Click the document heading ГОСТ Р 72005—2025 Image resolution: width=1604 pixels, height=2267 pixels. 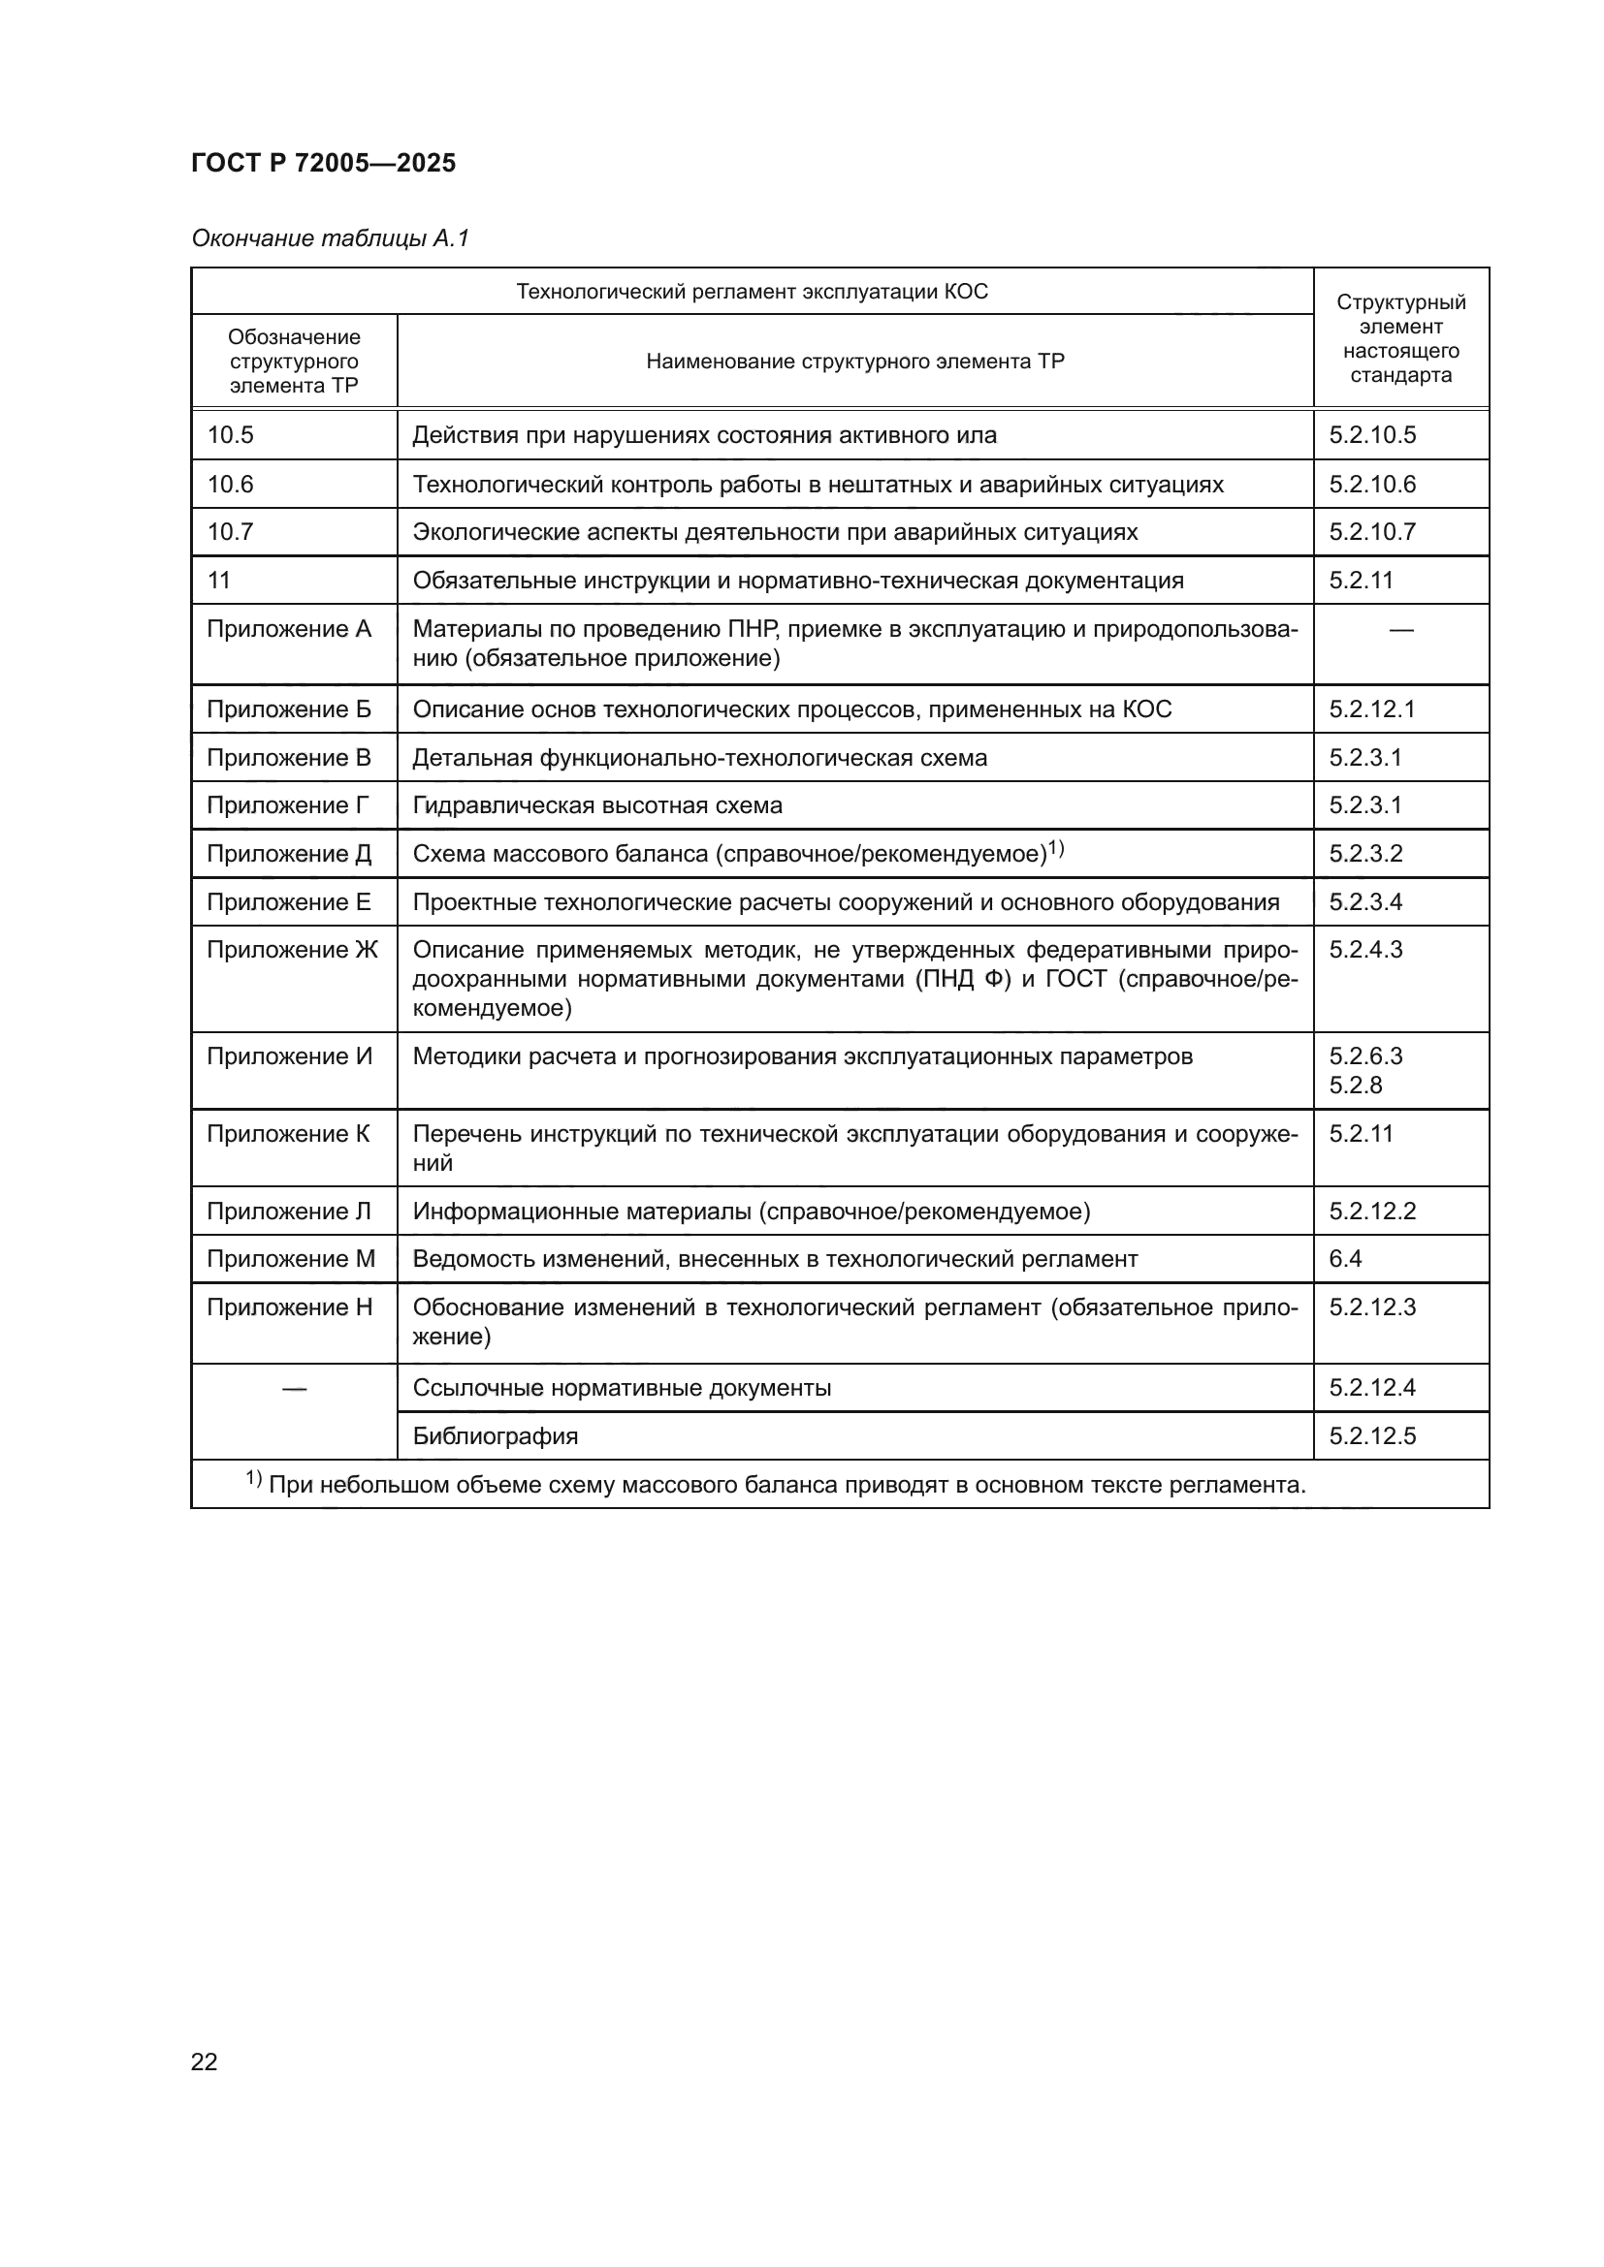tap(323, 163)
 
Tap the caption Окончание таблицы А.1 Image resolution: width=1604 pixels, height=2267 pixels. tap(330, 238)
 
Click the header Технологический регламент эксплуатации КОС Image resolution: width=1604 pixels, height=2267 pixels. tap(752, 292)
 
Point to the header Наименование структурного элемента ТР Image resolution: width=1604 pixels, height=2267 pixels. tap(854, 362)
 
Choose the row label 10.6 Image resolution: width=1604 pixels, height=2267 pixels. tap(230, 484)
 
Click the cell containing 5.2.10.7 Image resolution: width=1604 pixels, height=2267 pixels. tap(1372, 532)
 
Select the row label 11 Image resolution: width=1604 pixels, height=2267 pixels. tap(218, 581)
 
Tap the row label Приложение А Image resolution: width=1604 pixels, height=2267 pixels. tap(288, 629)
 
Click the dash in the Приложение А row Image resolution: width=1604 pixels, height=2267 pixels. tap(1400, 630)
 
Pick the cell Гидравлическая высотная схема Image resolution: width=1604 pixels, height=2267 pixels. tap(596, 805)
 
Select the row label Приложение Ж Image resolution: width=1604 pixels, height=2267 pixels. tap(291, 950)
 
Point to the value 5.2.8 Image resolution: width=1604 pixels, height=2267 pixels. tap(1355, 1086)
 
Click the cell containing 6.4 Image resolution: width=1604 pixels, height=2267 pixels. tap(1345, 1259)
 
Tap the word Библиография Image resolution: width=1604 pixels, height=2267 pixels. tap(495, 1435)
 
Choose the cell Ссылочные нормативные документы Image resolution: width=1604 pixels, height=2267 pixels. tap(622, 1388)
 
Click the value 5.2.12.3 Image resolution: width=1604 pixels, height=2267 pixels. tap(1372, 1307)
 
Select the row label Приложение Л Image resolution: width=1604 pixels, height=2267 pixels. tap(288, 1212)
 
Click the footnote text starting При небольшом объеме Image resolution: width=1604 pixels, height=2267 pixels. tap(786, 1485)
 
